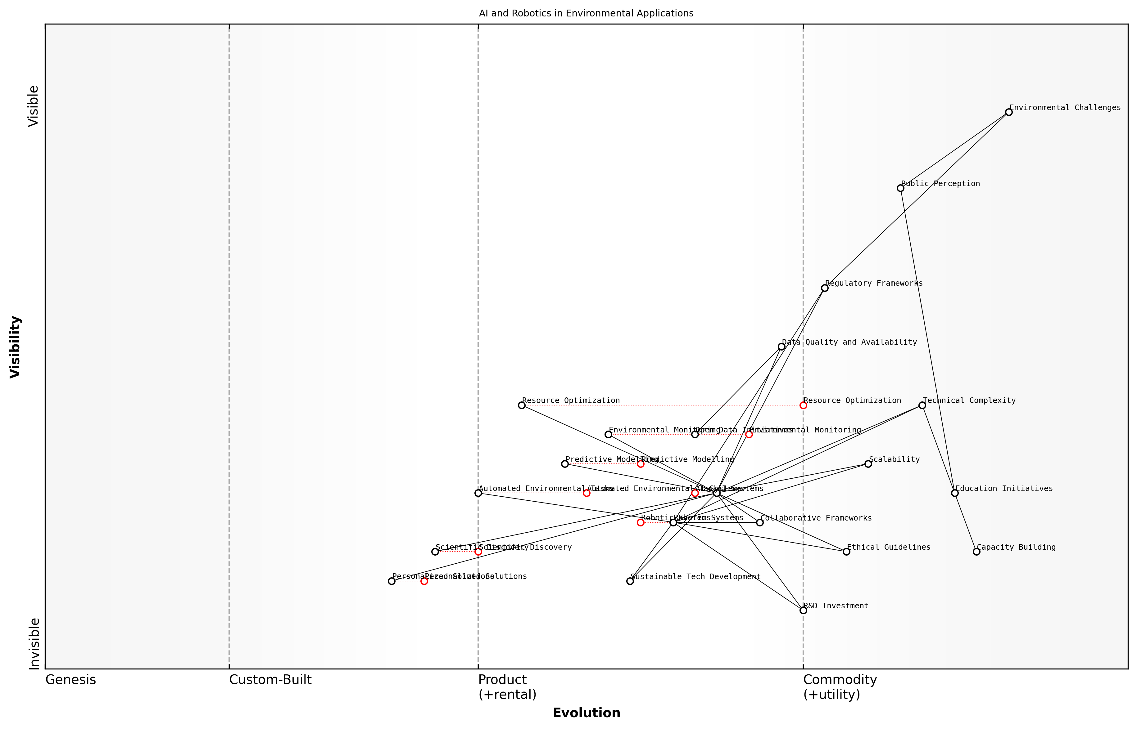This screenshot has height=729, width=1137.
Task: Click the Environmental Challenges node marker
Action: (1008, 112)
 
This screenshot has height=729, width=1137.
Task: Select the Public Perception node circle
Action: (900, 188)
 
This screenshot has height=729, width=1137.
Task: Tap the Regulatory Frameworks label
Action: (874, 283)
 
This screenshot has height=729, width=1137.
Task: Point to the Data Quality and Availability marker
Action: (781, 347)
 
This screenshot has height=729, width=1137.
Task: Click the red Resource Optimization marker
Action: (803, 405)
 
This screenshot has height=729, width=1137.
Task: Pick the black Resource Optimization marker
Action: (522, 405)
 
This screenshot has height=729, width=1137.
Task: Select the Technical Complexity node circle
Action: (922, 405)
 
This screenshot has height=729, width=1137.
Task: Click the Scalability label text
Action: (894, 459)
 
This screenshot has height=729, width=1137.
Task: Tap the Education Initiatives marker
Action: (955, 493)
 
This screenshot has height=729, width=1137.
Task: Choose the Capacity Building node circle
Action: (976, 552)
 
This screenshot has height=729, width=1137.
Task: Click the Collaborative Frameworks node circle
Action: (760, 523)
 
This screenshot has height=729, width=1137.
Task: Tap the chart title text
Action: (586, 13)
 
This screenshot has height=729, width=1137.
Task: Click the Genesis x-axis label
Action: (70, 680)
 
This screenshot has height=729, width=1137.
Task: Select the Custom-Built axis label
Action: (270, 680)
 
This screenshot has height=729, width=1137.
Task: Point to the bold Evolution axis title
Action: (586, 713)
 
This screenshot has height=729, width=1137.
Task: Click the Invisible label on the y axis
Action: (34, 643)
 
